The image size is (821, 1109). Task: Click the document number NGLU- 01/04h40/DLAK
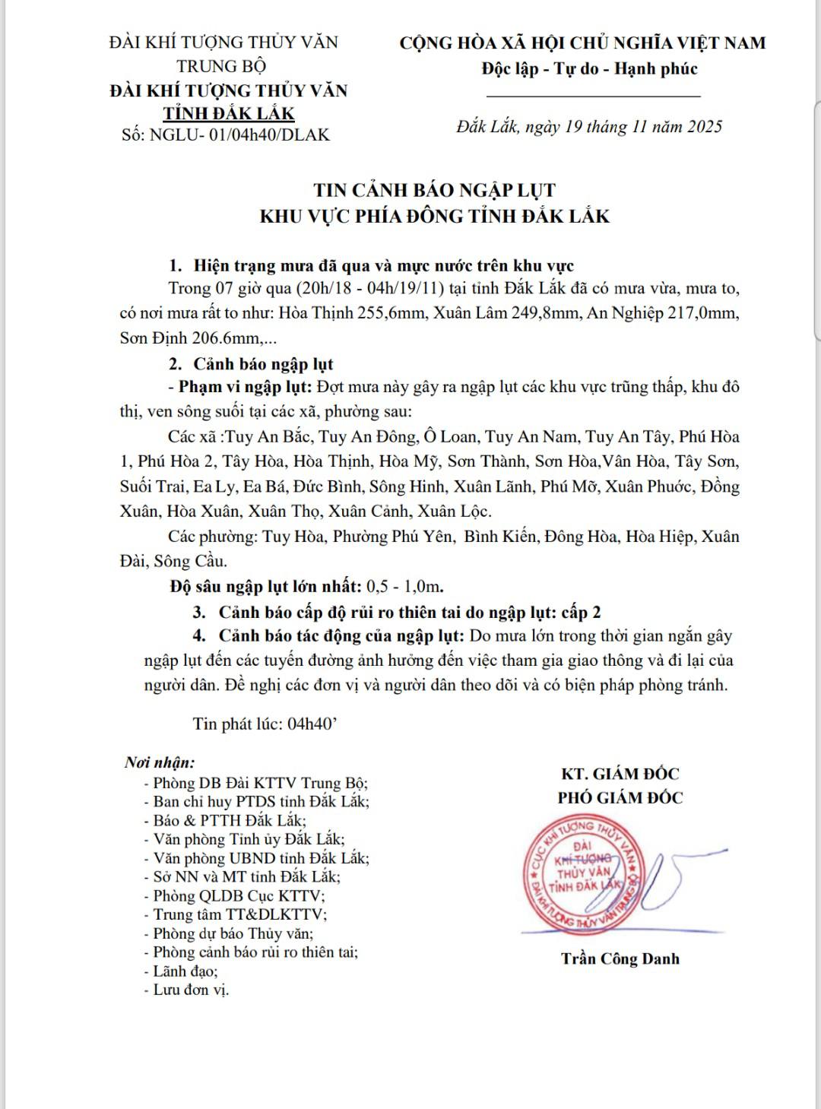[240, 135]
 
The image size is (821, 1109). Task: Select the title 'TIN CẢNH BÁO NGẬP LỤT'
[435, 190]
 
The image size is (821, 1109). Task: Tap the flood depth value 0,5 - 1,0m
[404, 586]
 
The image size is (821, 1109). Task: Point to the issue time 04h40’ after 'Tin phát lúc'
[312, 723]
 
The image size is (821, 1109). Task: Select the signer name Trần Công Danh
[620, 958]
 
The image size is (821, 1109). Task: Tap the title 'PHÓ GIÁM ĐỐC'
[620, 797]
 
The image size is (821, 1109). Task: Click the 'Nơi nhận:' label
[160, 762]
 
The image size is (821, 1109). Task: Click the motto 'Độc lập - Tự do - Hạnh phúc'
[589, 68]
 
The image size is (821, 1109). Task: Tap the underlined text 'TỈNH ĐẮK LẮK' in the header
[229, 113]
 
